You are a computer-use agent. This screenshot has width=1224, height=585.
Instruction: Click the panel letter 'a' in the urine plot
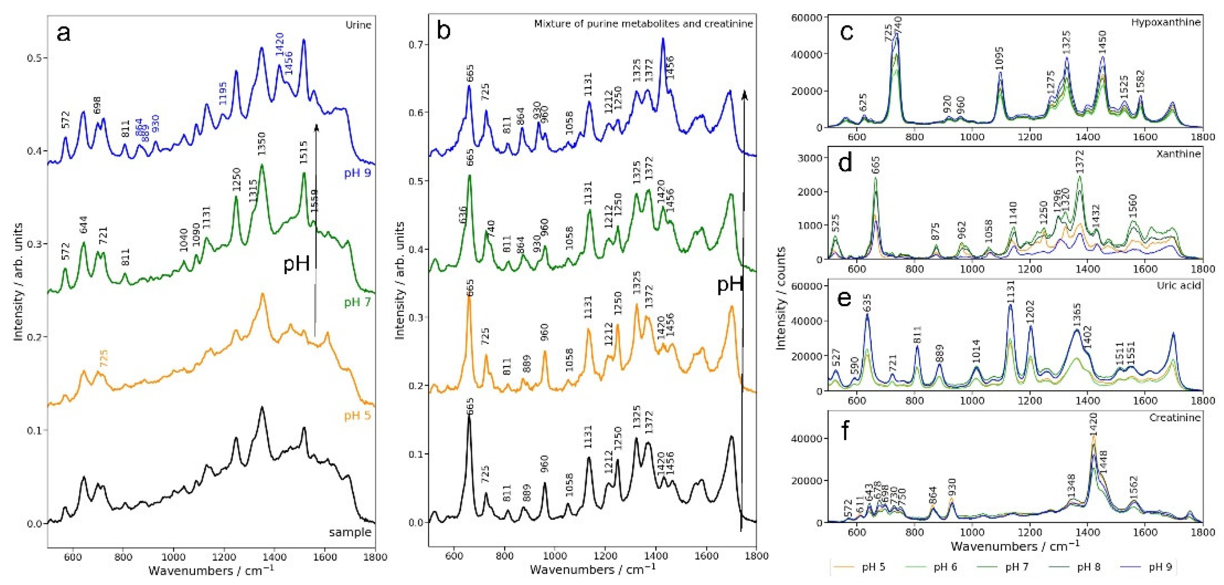point(64,34)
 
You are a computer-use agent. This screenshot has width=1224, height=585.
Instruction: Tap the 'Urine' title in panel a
point(358,25)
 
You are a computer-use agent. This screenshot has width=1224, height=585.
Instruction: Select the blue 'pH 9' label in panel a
point(357,173)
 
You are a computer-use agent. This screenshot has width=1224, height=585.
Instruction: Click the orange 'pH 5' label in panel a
point(357,416)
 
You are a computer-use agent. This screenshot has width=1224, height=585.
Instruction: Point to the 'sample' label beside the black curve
point(350,532)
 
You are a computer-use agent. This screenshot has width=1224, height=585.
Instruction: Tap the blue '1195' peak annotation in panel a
point(223,93)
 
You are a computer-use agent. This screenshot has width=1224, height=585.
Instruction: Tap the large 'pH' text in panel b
point(729,284)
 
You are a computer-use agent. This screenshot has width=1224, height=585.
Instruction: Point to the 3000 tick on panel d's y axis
point(810,158)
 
